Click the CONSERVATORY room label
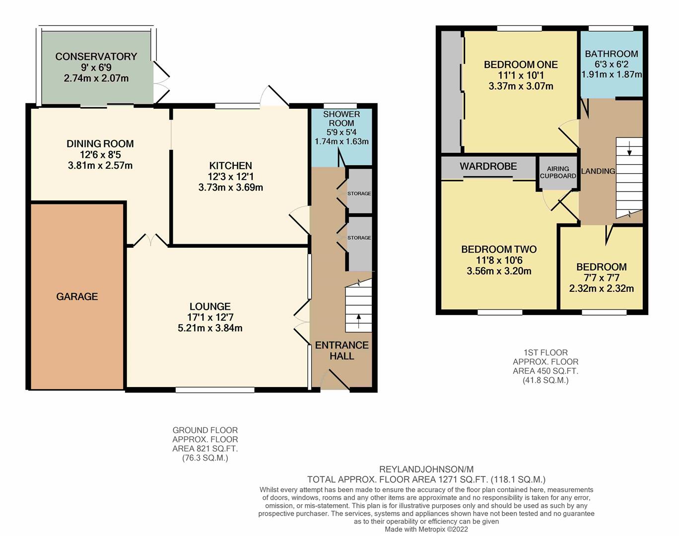tap(96, 56)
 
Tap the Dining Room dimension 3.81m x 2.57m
tap(100, 165)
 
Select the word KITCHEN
tap(231, 165)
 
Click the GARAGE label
tap(77, 296)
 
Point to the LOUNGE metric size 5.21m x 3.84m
tap(210, 328)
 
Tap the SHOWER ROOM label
tap(341, 118)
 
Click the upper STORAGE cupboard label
tap(359, 194)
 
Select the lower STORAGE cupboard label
tap(359, 238)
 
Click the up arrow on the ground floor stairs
tap(358, 321)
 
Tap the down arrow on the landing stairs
tap(629, 148)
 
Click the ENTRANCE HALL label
tap(342, 350)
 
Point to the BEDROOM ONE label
tap(521, 65)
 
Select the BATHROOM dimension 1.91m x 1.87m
tap(612, 74)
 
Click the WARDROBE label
tap(488, 166)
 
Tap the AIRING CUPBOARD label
tap(558, 172)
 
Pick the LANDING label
tap(598, 171)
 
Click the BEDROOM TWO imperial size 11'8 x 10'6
tap(499, 260)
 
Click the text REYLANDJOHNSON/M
tap(426, 469)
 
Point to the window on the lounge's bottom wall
tap(215, 390)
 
